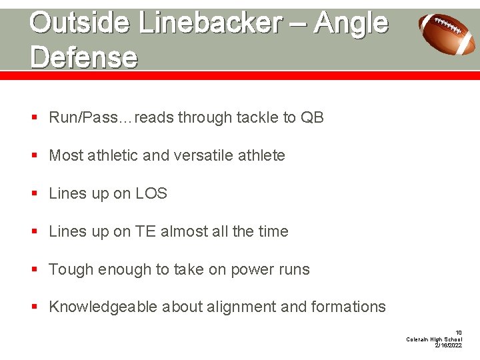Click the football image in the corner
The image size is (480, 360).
coord(447,33)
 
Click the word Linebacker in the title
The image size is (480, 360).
coord(209,23)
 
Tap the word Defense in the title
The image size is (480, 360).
coord(83,57)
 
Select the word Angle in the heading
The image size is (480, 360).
coord(351,23)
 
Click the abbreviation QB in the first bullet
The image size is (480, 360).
coord(312,118)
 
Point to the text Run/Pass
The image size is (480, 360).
coord(82,118)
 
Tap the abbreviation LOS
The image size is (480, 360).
coord(151,194)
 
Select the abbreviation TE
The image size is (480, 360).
coord(145,232)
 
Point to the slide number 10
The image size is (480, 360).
coord(458,332)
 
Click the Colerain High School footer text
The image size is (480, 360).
coord(434,339)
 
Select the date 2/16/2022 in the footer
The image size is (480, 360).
coord(448,346)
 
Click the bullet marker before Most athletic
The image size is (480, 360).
coord(34,156)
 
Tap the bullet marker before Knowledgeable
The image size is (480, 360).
coord(34,307)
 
